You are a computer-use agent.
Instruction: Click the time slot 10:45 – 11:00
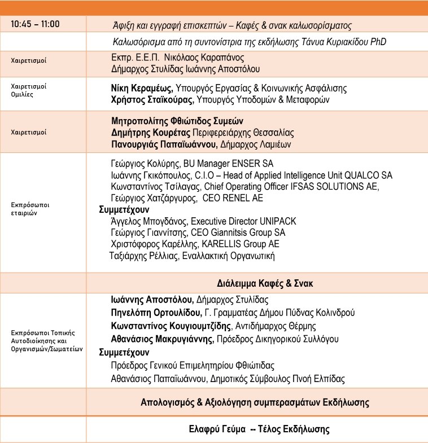click(x=35, y=24)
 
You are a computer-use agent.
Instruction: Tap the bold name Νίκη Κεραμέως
click(x=142, y=89)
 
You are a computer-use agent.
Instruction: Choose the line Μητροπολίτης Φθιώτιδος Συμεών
click(x=177, y=121)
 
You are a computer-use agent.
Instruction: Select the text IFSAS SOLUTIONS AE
click(x=341, y=187)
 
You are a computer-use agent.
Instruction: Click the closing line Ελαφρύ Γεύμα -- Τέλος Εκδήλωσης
click(x=259, y=429)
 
